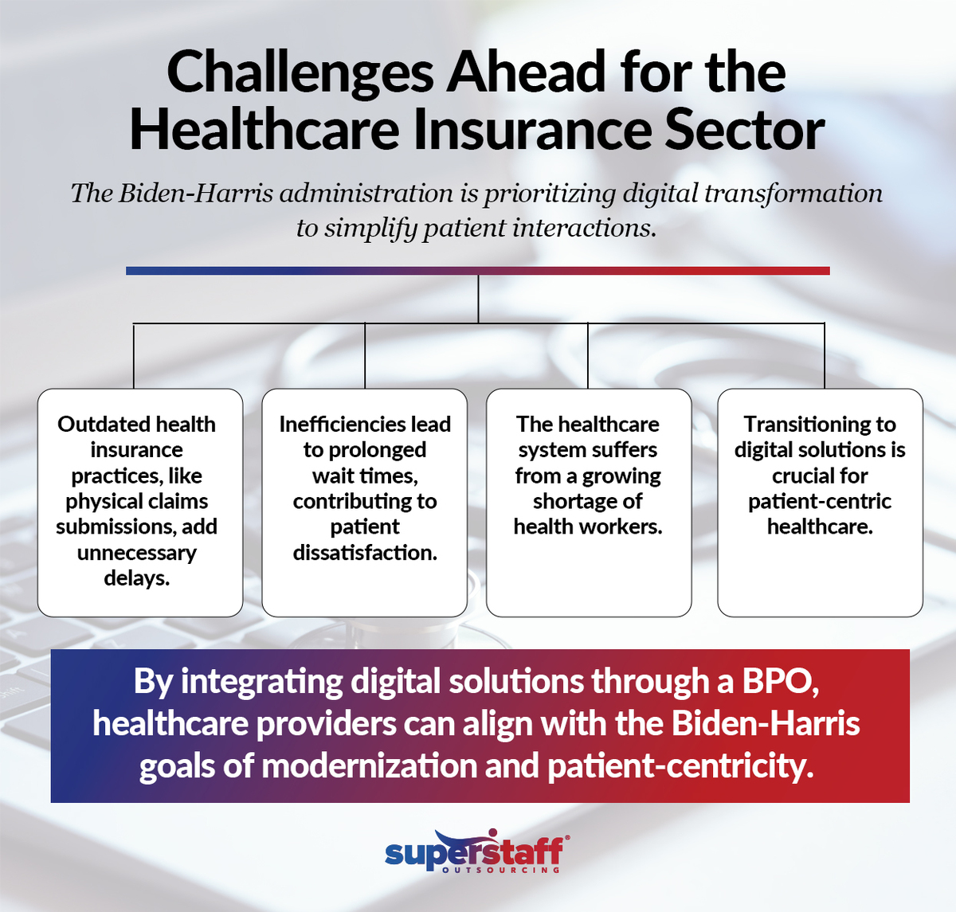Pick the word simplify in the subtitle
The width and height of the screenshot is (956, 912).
point(370,229)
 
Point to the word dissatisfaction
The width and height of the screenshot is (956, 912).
point(365,553)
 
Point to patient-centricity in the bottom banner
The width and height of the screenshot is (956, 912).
point(680,766)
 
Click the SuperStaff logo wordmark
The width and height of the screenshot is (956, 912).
point(475,852)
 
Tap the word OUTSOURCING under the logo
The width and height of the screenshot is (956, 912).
point(501,870)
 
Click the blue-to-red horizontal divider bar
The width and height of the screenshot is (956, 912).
point(478,271)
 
